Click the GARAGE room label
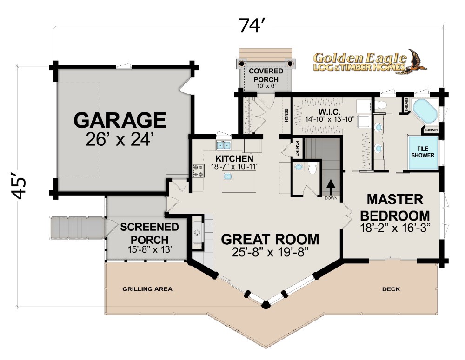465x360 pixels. tap(120, 120)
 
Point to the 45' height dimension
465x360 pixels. tap(19, 185)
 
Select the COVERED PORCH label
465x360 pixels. tap(266, 75)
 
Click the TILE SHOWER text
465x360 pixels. tap(423, 152)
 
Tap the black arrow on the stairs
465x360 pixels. tap(331, 187)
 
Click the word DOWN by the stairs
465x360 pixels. tap(331, 198)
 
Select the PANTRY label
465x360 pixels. tap(298, 148)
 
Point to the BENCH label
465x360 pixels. tap(286, 115)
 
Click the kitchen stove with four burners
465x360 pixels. tap(199, 171)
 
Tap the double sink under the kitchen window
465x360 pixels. tap(224, 145)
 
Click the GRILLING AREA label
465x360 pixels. tap(147, 289)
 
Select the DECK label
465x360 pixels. tap(391, 289)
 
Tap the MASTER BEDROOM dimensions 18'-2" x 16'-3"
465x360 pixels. tap(395, 228)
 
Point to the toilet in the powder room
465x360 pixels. tap(312, 168)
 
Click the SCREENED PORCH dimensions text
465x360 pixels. tap(149, 249)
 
